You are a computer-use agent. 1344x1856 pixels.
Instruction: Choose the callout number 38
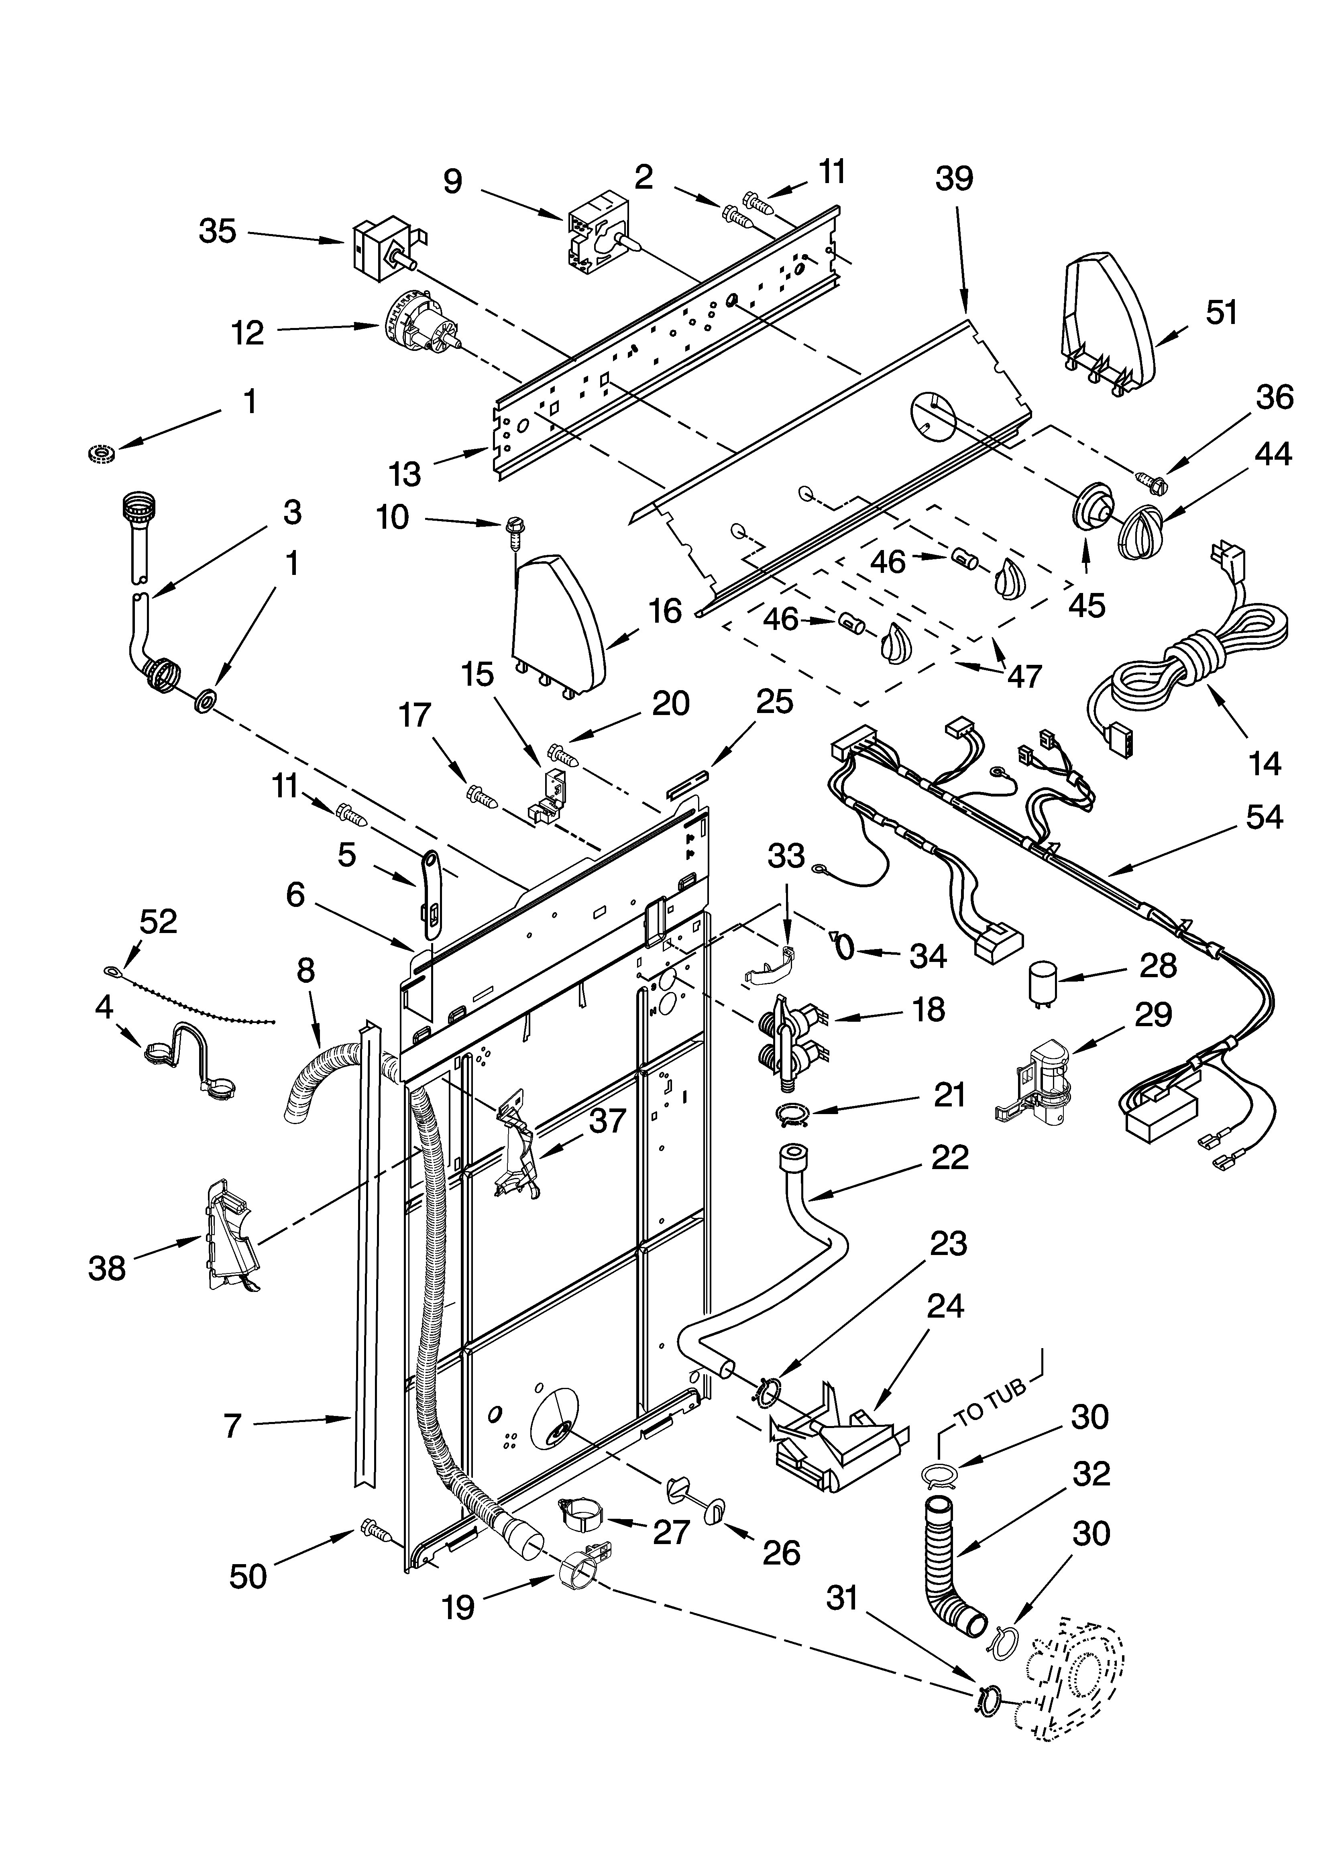point(107,1268)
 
